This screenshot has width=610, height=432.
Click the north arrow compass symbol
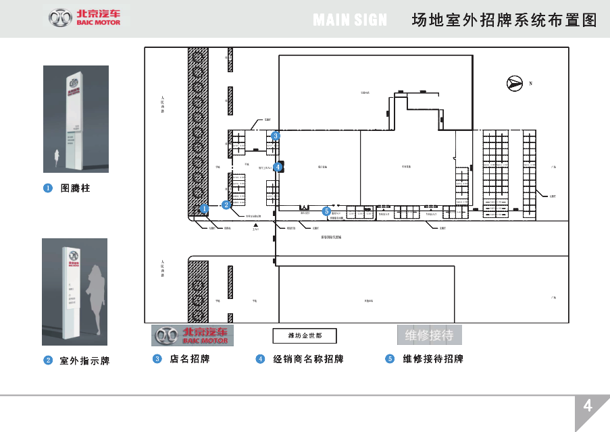point(515,84)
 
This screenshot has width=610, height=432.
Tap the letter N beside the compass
point(532,84)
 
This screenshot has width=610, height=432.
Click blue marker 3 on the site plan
point(276,136)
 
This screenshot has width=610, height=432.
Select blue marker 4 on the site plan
point(277,167)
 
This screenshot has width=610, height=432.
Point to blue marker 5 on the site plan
point(326,211)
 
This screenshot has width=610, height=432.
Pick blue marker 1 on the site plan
point(203,209)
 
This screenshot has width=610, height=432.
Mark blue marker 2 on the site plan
point(227,204)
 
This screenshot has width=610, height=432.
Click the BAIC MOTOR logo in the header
point(85,18)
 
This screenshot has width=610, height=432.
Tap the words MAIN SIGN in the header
point(350,20)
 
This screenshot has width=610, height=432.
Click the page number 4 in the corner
point(588,406)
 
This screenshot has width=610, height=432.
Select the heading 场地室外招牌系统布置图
point(504,20)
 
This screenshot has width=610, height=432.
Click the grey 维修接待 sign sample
point(428,335)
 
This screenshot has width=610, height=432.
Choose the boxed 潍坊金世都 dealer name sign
point(304,335)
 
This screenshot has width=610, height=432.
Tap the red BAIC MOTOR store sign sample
point(193,335)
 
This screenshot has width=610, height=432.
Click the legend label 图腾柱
point(75,188)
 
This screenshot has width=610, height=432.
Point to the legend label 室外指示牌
point(84,361)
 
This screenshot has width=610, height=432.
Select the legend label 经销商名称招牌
point(308,359)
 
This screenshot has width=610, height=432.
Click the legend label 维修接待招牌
point(433,359)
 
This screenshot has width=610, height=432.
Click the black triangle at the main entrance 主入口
point(256,225)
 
